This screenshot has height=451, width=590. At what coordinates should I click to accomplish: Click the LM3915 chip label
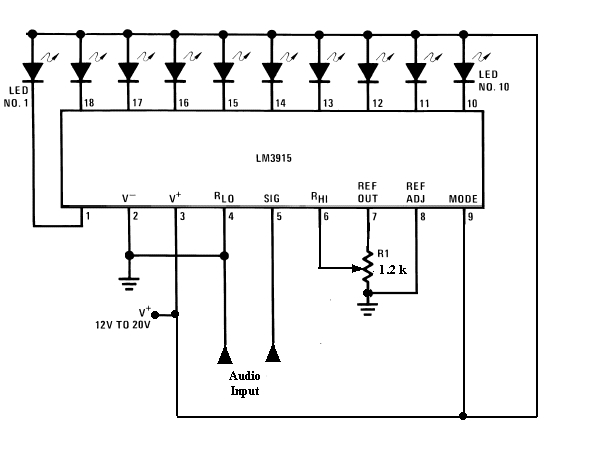(x=274, y=158)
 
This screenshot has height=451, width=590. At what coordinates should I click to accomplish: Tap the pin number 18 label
(x=89, y=103)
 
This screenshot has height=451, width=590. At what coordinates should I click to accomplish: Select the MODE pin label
(x=463, y=199)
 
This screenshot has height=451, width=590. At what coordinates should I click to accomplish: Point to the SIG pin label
(x=272, y=199)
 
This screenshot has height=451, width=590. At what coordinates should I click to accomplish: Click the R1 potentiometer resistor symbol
(x=368, y=267)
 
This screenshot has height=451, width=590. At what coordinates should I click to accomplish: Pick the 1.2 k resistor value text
(x=392, y=269)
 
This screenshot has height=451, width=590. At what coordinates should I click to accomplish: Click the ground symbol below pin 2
(x=129, y=284)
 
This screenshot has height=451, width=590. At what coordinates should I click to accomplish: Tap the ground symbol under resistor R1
(x=368, y=309)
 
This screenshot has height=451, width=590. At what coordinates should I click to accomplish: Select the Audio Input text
(x=245, y=383)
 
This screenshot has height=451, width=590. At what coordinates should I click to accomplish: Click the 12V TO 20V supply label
(x=123, y=325)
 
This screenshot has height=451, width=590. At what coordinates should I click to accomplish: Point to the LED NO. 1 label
(x=16, y=96)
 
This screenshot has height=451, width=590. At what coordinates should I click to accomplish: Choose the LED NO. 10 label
(x=494, y=80)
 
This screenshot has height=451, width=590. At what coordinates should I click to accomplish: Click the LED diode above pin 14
(x=272, y=72)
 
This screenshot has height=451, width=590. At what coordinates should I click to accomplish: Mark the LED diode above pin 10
(x=464, y=72)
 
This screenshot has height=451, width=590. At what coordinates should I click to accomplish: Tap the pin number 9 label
(x=470, y=217)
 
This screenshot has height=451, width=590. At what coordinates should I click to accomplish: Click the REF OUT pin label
(x=368, y=192)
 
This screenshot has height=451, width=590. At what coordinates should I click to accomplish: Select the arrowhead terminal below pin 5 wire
(x=273, y=354)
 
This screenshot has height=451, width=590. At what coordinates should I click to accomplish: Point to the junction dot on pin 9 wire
(x=463, y=416)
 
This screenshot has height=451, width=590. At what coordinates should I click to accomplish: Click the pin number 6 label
(x=326, y=216)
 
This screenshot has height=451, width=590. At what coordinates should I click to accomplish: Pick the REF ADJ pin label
(x=416, y=192)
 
